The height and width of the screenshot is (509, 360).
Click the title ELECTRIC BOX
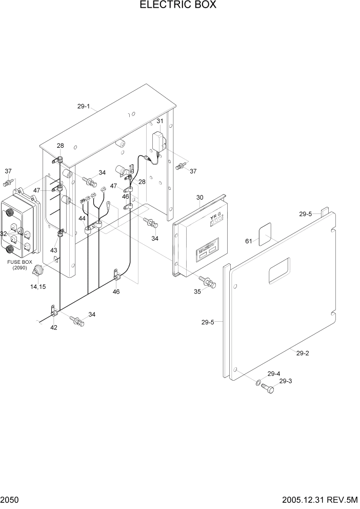point(178,5)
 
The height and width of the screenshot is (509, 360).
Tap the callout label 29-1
point(84,107)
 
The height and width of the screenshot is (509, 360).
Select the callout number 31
point(160,121)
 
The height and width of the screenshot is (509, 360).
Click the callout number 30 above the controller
point(200,197)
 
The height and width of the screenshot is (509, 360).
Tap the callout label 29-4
point(274,374)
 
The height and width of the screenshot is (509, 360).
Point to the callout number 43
point(54,250)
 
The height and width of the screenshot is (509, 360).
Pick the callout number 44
point(82,219)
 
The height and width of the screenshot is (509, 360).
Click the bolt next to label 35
point(209,281)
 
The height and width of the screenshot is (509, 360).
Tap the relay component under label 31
point(159,141)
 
